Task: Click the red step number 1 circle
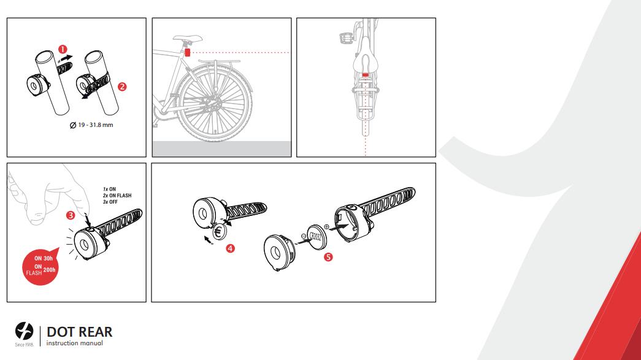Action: (x=63, y=50)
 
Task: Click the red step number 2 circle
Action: (x=122, y=86)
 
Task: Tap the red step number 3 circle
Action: (x=71, y=215)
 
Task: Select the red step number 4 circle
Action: (x=230, y=248)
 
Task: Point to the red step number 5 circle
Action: (x=328, y=257)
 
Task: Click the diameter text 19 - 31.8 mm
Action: (x=91, y=125)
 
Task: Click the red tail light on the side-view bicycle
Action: (x=188, y=52)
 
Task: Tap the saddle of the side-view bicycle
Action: (x=188, y=39)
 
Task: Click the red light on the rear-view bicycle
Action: (x=365, y=75)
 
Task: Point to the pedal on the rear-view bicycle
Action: (x=346, y=39)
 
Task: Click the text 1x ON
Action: (x=109, y=189)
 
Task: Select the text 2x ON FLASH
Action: (x=117, y=196)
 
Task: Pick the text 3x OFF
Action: (x=110, y=202)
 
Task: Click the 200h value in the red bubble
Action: (x=50, y=270)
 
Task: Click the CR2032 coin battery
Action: (x=317, y=237)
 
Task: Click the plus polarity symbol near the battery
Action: (x=326, y=227)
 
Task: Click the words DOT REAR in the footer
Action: (x=79, y=332)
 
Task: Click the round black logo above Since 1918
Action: (x=24, y=331)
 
